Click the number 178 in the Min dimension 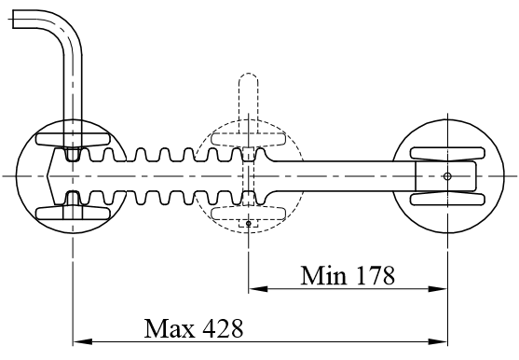coord(373,275)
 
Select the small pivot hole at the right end coord(447,176)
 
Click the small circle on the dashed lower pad coord(248,223)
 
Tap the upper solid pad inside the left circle coord(73,141)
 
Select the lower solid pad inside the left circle coord(73,211)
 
